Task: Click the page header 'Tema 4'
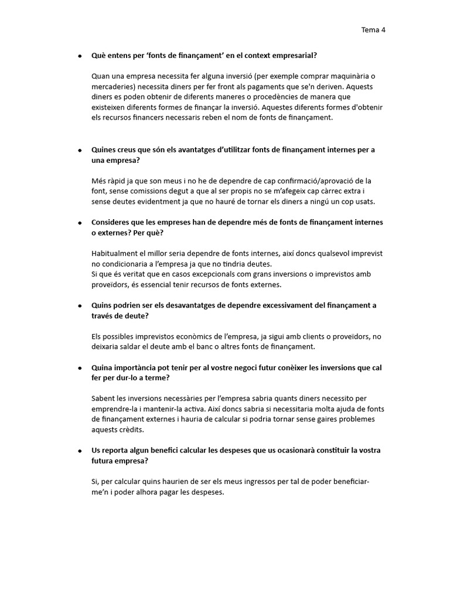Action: pyautogui.click(x=373, y=30)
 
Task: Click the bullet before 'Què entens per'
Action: pyautogui.click(x=80, y=56)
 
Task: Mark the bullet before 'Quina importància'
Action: pyautogui.click(x=80, y=367)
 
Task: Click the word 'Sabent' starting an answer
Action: pyautogui.click(x=104, y=398)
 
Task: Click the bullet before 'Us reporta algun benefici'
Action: pyautogui.click(x=80, y=451)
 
